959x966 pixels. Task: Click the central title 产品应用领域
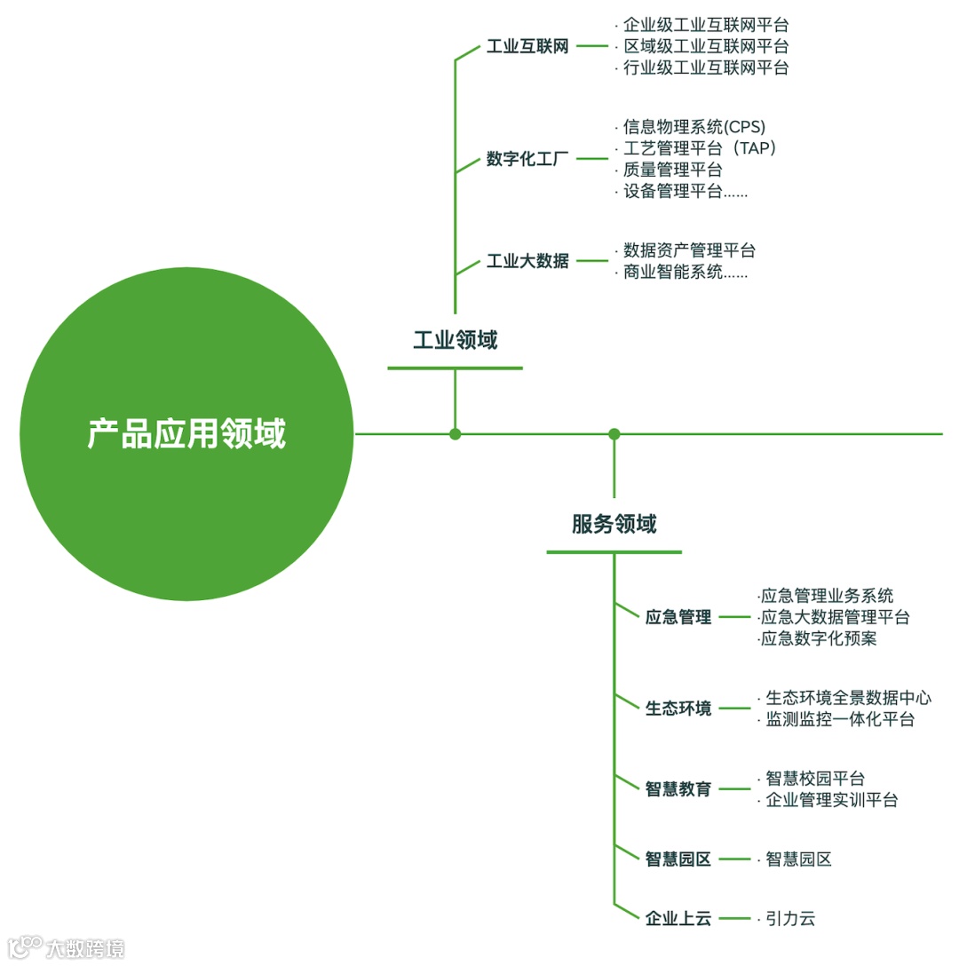186,434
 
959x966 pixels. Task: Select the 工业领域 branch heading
455,340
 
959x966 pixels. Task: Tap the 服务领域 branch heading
614,524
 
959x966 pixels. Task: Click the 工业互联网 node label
527,47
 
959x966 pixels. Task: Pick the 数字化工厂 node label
527,160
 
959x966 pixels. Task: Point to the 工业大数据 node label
527,261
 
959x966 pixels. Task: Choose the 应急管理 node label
678,617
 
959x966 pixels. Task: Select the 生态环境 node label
678,709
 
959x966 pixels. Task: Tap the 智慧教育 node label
678,788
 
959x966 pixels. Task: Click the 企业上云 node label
678,919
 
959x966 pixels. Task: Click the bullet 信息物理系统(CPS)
693,126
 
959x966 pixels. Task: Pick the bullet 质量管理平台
672,169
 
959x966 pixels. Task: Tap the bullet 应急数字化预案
818,638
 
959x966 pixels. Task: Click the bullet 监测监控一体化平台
840,719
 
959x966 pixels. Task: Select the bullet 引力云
790,919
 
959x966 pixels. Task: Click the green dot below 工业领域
456,434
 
